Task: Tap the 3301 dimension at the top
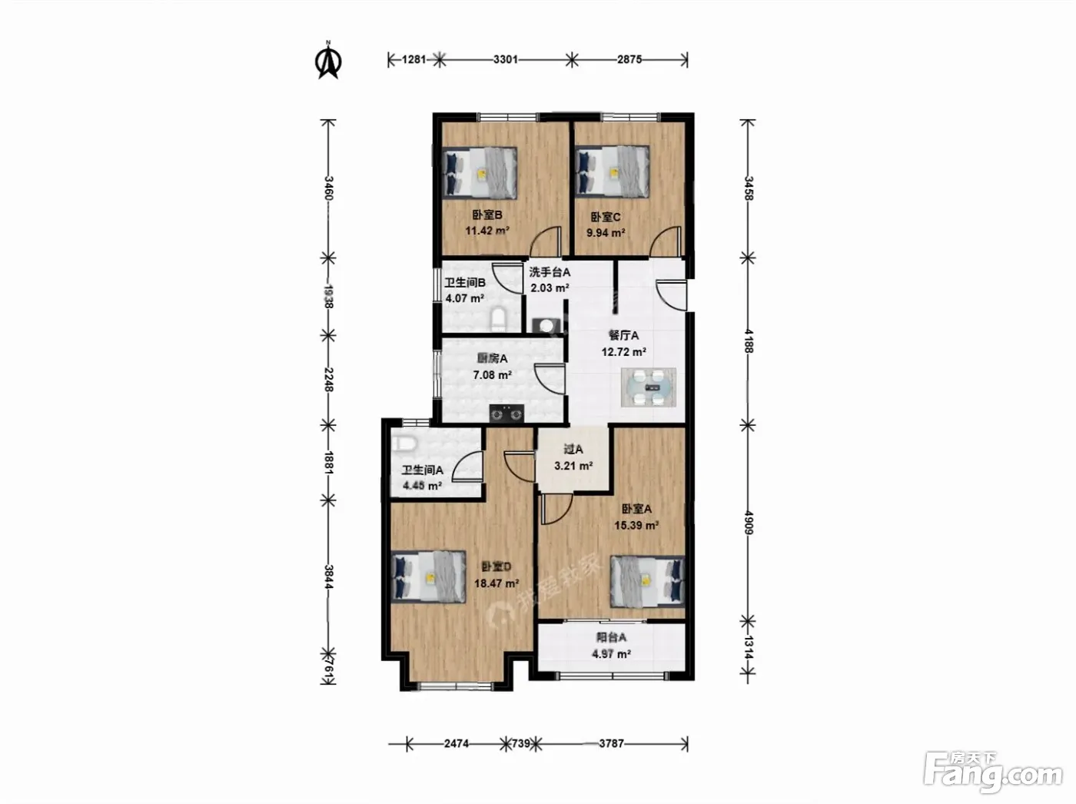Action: pos(506,60)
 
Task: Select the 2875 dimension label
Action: pos(629,60)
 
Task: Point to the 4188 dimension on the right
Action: pos(748,341)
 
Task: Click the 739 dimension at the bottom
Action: pos(521,744)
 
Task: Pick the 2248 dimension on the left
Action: pos(328,380)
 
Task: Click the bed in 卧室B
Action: pos(480,173)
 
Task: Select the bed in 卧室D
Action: pos(429,577)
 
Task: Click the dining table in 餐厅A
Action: pos(649,387)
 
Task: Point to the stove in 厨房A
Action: pos(506,414)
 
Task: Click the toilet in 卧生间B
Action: pos(499,319)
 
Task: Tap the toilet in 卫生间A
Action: pos(404,444)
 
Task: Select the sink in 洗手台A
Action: pos(546,326)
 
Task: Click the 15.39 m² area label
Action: pos(636,526)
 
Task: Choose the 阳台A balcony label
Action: pos(611,637)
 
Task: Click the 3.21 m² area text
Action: pos(573,466)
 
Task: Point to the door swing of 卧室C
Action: pos(666,241)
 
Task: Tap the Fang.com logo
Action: pos(993,776)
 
